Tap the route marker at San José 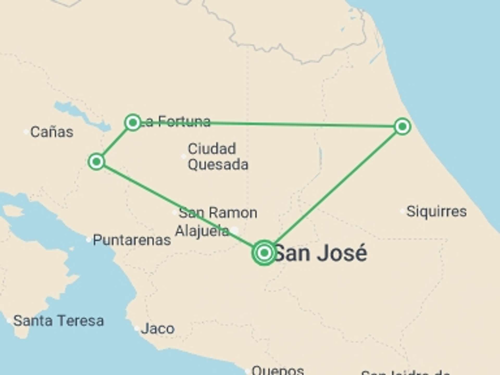coord(264,253)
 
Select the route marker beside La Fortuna coord(133,122)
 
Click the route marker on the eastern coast coord(402,127)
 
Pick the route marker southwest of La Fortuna coord(96,162)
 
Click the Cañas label coord(52,132)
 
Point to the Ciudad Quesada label coord(218,157)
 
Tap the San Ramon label coord(218,213)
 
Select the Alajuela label coord(202,231)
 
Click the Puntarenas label coord(132,240)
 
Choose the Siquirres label coord(436,211)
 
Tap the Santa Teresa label coord(59,321)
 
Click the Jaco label coord(158,329)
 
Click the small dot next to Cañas coord(26,132)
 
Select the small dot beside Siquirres coord(402,211)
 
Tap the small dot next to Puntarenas coord(89,240)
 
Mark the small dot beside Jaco coord(136,329)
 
